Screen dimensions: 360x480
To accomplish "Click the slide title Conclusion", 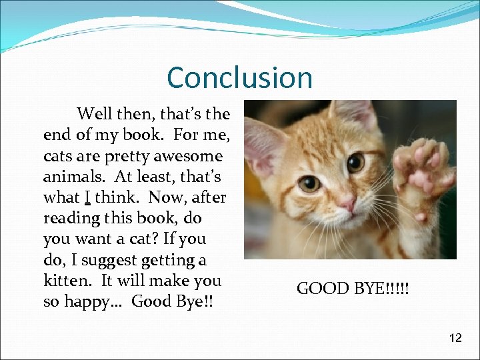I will (x=239, y=77).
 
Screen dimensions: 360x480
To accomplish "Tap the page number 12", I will (x=455, y=338).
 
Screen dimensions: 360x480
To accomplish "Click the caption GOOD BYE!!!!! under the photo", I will (x=353, y=289).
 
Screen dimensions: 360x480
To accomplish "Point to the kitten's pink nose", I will (x=347, y=202).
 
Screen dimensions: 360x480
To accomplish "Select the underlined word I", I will (x=87, y=197).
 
